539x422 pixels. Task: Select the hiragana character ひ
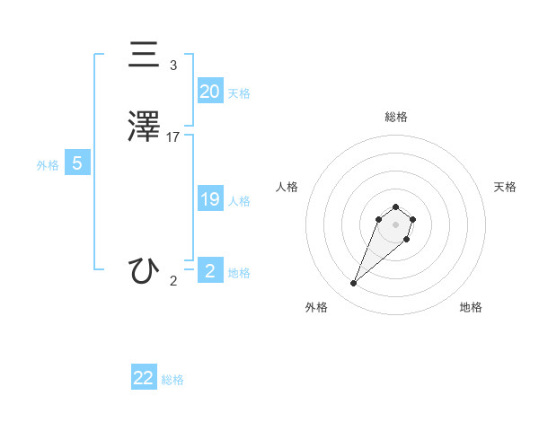click(145, 270)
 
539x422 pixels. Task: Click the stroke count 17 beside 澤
click(173, 137)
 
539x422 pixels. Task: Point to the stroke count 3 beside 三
click(173, 66)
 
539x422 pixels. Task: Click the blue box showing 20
click(209, 91)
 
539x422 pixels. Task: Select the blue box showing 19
click(209, 199)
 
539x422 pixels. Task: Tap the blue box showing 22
click(144, 378)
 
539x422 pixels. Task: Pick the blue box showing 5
click(77, 163)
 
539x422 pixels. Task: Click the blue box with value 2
click(209, 271)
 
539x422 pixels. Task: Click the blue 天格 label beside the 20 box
click(239, 93)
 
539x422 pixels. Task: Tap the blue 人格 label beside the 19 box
click(240, 201)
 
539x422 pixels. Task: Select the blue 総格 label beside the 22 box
click(172, 380)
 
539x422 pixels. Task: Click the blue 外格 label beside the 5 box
click(48, 165)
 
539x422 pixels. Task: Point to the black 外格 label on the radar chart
click(315, 307)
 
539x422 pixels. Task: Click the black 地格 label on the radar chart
click(471, 307)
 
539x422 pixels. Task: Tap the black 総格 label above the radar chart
click(395, 117)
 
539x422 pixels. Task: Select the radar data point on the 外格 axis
click(354, 284)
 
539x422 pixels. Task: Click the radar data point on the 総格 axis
click(395, 207)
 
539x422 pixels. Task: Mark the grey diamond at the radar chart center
click(395, 224)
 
